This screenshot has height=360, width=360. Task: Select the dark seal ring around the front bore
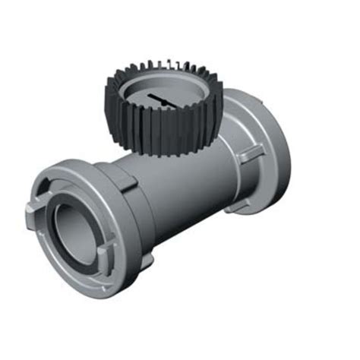click(x=53, y=220)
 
